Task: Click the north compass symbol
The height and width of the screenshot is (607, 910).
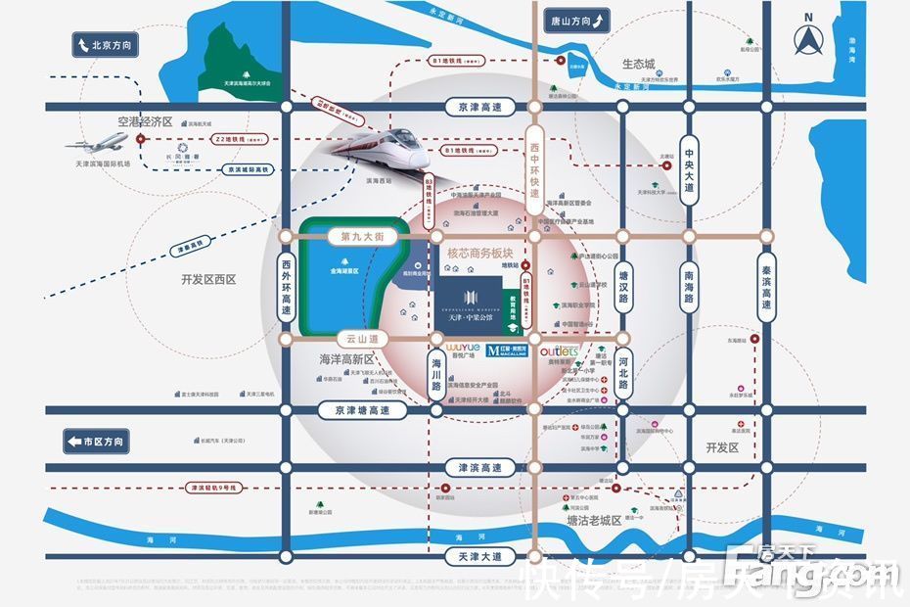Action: (808, 38)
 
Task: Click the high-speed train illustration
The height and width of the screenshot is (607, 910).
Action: (382, 148)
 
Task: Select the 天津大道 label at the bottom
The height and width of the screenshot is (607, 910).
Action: (478, 556)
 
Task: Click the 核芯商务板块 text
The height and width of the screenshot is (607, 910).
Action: (480, 253)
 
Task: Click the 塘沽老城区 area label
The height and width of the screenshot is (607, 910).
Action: (594, 520)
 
